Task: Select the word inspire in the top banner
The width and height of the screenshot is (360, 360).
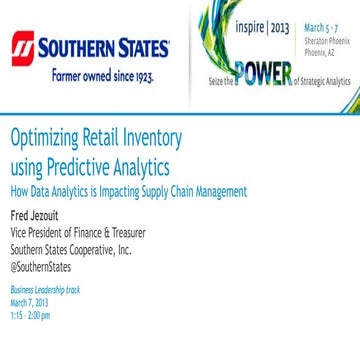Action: (x=250, y=26)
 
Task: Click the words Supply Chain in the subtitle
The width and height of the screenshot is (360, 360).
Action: (x=178, y=190)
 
